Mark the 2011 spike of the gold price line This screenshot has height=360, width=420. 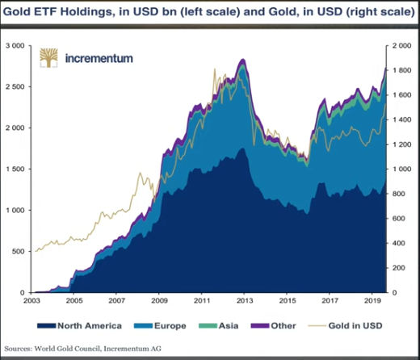pyautogui.click(x=214, y=71)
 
